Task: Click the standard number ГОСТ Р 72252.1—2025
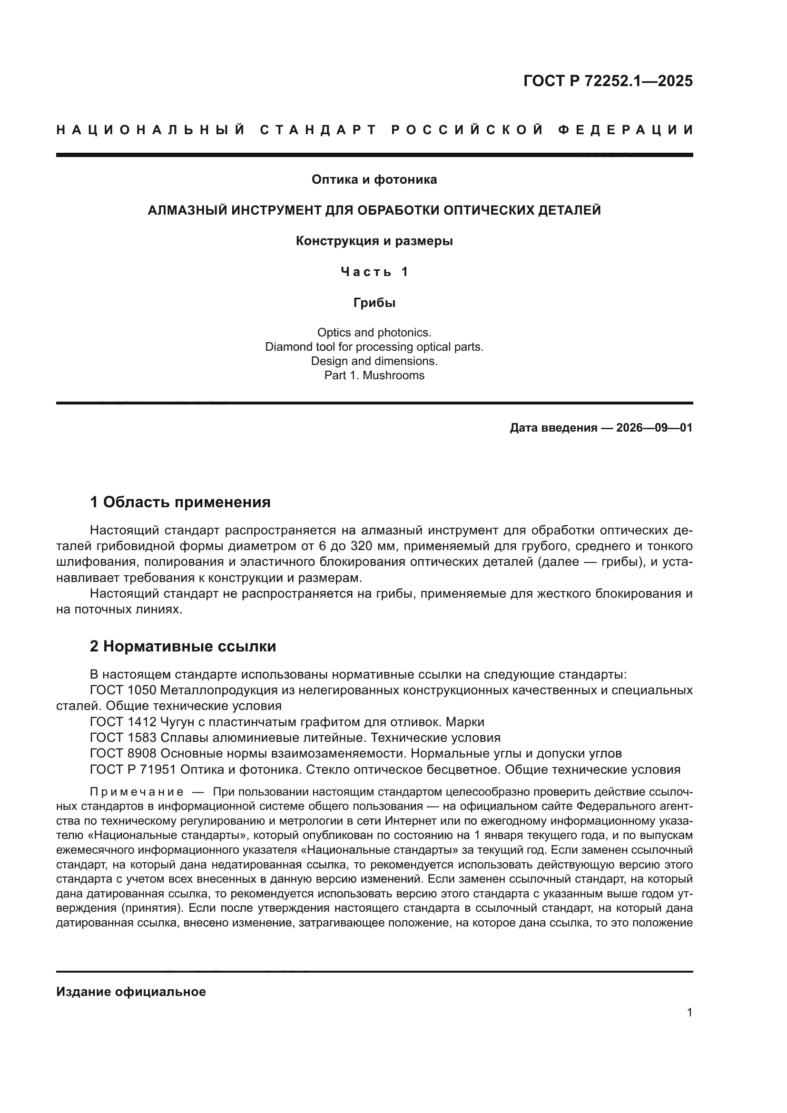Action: coord(608,81)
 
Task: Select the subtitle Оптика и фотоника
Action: coord(374,180)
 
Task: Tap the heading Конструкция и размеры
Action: coord(374,241)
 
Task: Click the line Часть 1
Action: coord(374,272)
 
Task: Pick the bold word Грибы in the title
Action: coord(374,303)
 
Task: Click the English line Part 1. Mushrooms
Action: coord(374,375)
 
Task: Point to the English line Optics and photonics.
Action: coord(374,333)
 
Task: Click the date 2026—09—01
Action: coord(654,428)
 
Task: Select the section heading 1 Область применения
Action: coord(180,502)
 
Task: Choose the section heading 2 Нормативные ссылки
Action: coord(183,646)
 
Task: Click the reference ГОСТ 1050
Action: coord(123,690)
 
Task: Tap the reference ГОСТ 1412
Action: coord(123,722)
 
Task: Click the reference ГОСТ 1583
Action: coord(123,738)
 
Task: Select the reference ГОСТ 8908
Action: coord(123,754)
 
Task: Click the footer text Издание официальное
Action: coord(131,992)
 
